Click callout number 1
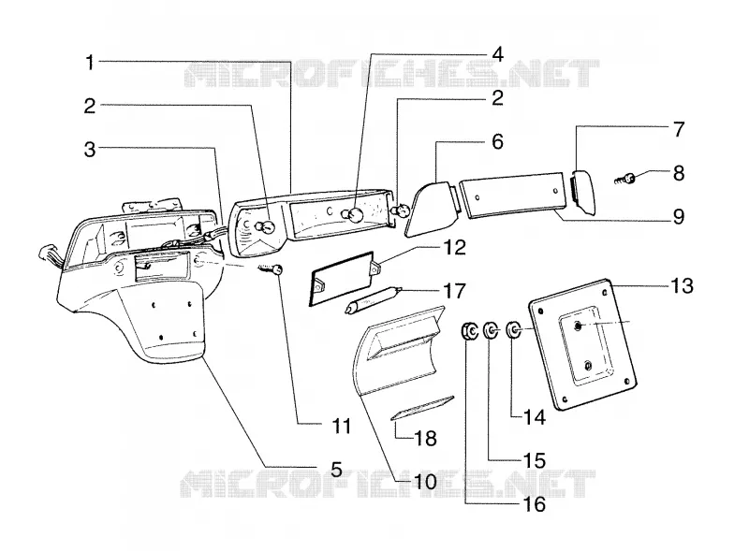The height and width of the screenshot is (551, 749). click(89, 62)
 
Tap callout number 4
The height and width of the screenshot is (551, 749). click(497, 54)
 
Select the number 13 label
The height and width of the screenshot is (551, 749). click(682, 285)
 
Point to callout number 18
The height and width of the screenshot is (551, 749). click(426, 438)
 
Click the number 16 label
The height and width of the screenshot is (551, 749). click(534, 504)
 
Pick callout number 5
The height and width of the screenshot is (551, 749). click(336, 469)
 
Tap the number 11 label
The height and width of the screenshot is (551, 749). click(341, 426)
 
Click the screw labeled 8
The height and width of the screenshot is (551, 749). click(625, 180)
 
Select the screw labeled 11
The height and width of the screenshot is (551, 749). click(271, 269)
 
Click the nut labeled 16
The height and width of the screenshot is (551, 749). click(469, 331)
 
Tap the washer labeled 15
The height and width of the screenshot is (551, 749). click(491, 330)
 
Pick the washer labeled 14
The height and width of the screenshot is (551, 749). click(513, 329)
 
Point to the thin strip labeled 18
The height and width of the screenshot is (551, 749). click(422, 407)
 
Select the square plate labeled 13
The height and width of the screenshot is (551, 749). click(582, 344)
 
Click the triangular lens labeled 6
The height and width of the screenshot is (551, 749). click(428, 210)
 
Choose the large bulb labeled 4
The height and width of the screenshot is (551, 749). click(353, 215)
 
